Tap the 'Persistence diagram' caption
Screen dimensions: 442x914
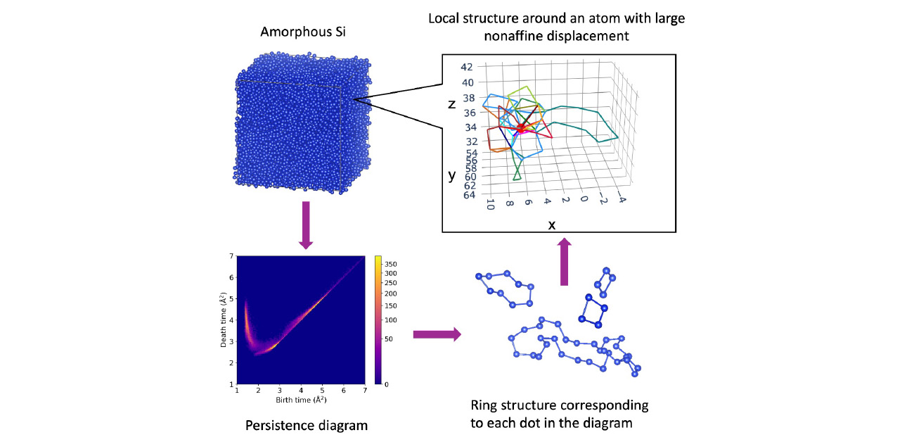click(x=307, y=425)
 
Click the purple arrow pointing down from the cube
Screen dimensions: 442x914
click(x=305, y=225)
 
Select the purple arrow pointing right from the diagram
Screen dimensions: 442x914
click(x=436, y=334)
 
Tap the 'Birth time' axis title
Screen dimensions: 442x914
click(x=301, y=400)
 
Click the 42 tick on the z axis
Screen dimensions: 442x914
click(x=467, y=67)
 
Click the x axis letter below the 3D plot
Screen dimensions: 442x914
click(x=551, y=224)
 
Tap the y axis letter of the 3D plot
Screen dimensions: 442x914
click(x=452, y=175)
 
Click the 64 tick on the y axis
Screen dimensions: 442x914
click(x=468, y=195)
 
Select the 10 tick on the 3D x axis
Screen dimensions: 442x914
click(x=490, y=205)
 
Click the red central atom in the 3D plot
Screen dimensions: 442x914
click(x=521, y=128)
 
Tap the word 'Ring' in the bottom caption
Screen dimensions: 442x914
click(x=484, y=407)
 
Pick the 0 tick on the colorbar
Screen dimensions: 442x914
click(x=386, y=384)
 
